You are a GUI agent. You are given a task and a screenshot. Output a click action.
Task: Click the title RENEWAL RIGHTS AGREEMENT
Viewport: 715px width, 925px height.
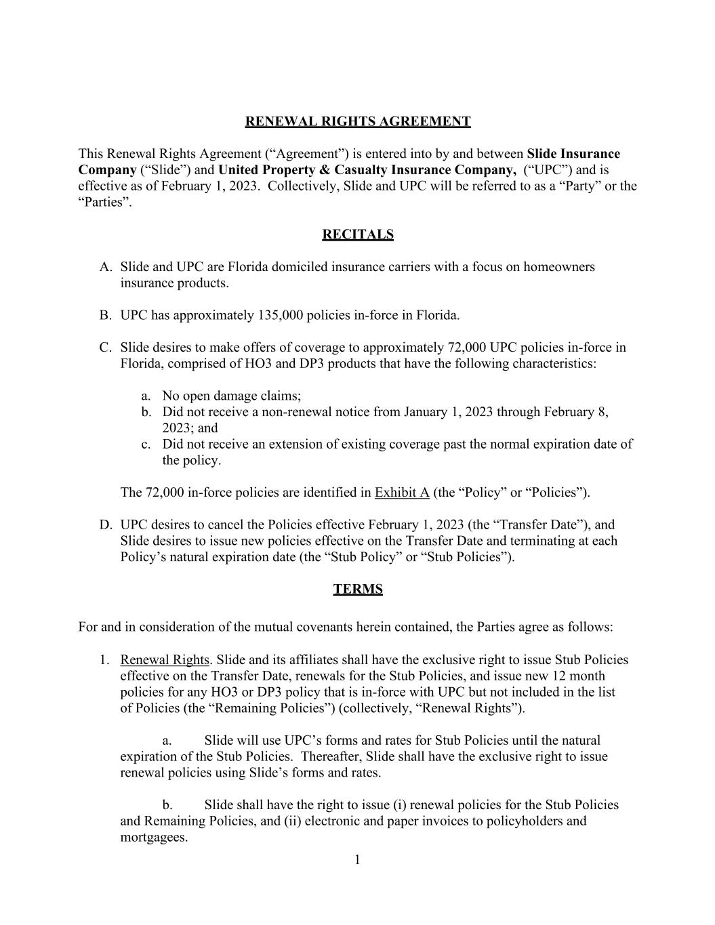click(357, 121)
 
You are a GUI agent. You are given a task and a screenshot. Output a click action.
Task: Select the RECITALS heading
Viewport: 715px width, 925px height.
click(357, 234)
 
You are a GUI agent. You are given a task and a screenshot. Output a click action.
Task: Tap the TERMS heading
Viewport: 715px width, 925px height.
click(357, 589)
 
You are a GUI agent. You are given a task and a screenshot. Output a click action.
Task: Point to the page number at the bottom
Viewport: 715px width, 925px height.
click(357, 860)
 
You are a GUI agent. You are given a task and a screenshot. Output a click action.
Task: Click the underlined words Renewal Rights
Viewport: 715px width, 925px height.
click(165, 660)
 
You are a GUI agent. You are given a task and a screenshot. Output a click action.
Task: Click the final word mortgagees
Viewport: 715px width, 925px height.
click(153, 837)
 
